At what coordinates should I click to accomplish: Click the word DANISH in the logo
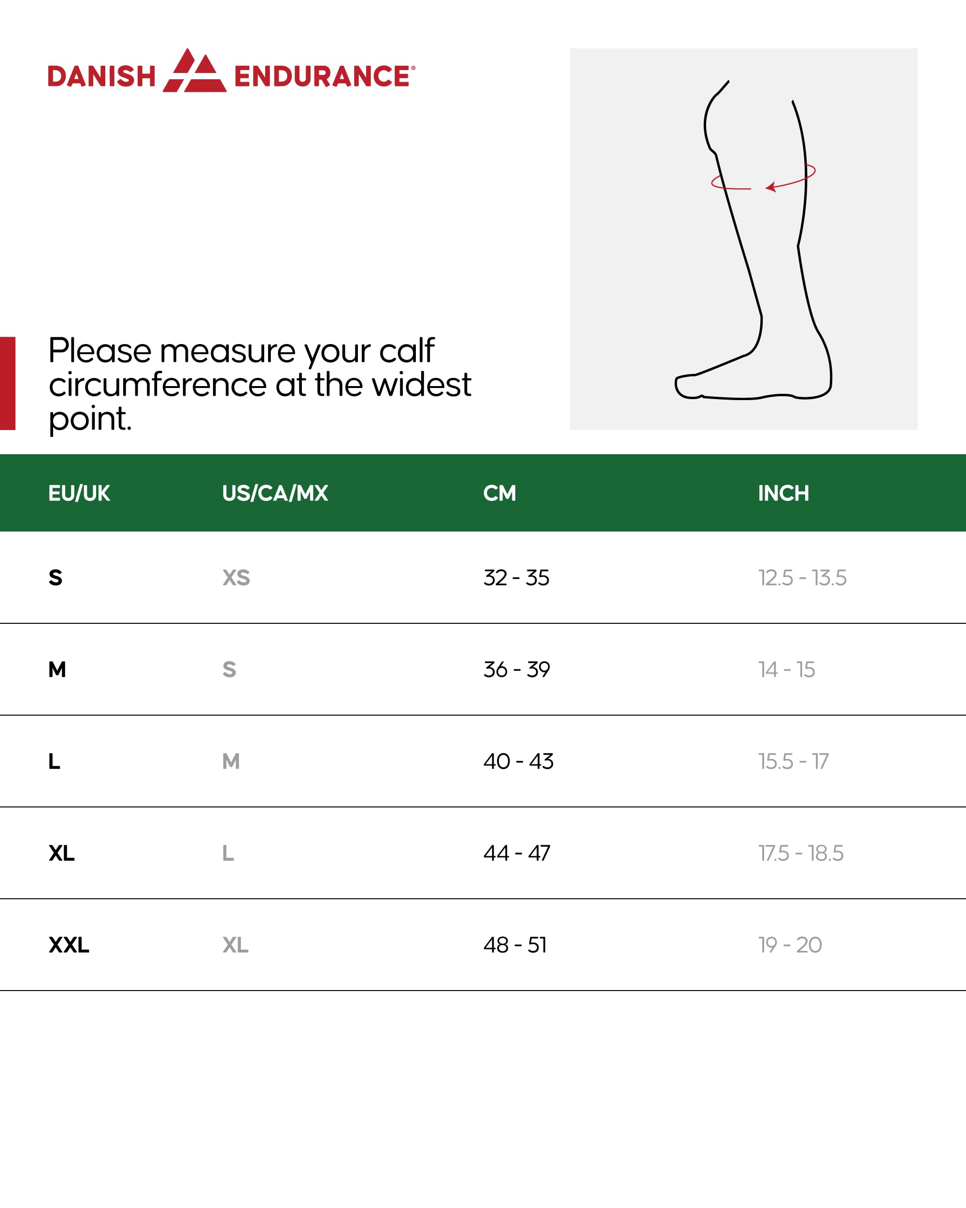point(101,76)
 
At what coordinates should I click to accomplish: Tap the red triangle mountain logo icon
point(195,71)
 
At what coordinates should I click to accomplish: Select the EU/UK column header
point(79,493)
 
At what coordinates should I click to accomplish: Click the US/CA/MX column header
point(274,493)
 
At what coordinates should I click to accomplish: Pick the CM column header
point(499,493)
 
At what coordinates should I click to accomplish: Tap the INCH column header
point(783,493)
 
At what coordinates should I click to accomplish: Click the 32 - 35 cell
point(516,578)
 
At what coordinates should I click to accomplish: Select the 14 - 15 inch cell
point(786,670)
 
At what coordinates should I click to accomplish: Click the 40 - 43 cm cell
point(518,762)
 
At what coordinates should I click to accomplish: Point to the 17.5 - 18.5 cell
point(800,853)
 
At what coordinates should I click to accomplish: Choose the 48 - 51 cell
point(515,945)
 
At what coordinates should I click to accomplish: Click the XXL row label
point(68,945)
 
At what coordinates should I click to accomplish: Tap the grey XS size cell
point(236,578)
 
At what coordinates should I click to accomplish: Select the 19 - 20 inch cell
point(790,945)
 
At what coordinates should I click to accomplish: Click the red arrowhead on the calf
point(771,187)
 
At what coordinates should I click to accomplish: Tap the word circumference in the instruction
point(158,385)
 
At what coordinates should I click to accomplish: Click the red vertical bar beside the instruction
point(7,383)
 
